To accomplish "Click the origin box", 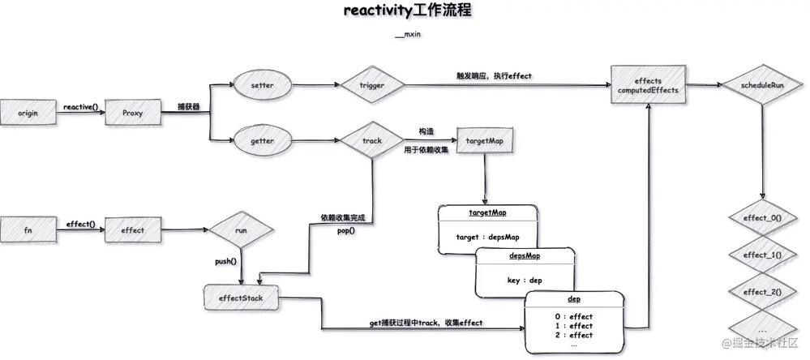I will tap(28, 114).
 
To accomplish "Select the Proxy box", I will tap(132, 114).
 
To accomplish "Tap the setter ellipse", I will tap(262, 85).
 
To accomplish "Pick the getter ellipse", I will tap(262, 141).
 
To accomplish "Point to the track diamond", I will tap(371, 141).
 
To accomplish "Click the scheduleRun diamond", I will tap(762, 85).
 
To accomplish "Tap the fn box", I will tap(28, 230).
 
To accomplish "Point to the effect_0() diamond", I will tap(762, 218).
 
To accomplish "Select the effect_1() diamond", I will tap(762, 255).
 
